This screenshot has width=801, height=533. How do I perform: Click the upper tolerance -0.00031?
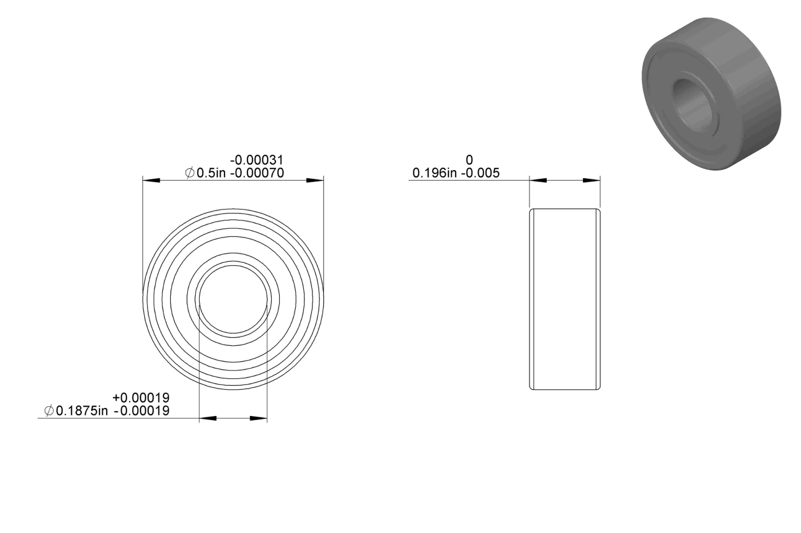coord(257,160)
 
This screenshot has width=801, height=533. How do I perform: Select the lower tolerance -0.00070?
coord(257,173)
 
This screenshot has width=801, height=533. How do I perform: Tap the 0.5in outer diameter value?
coord(212,173)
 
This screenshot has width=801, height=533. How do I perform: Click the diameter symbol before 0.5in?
coord(190,173)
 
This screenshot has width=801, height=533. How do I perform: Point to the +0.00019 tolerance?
coord(141,397)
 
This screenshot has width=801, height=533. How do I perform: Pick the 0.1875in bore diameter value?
coord(82,411)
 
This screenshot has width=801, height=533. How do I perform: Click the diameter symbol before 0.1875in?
coord(49,411)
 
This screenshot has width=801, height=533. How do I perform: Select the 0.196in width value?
coord(435,173)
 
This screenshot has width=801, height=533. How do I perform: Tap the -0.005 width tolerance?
coord(480,173)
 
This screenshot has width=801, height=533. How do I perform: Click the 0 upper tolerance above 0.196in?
coord(469,160)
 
